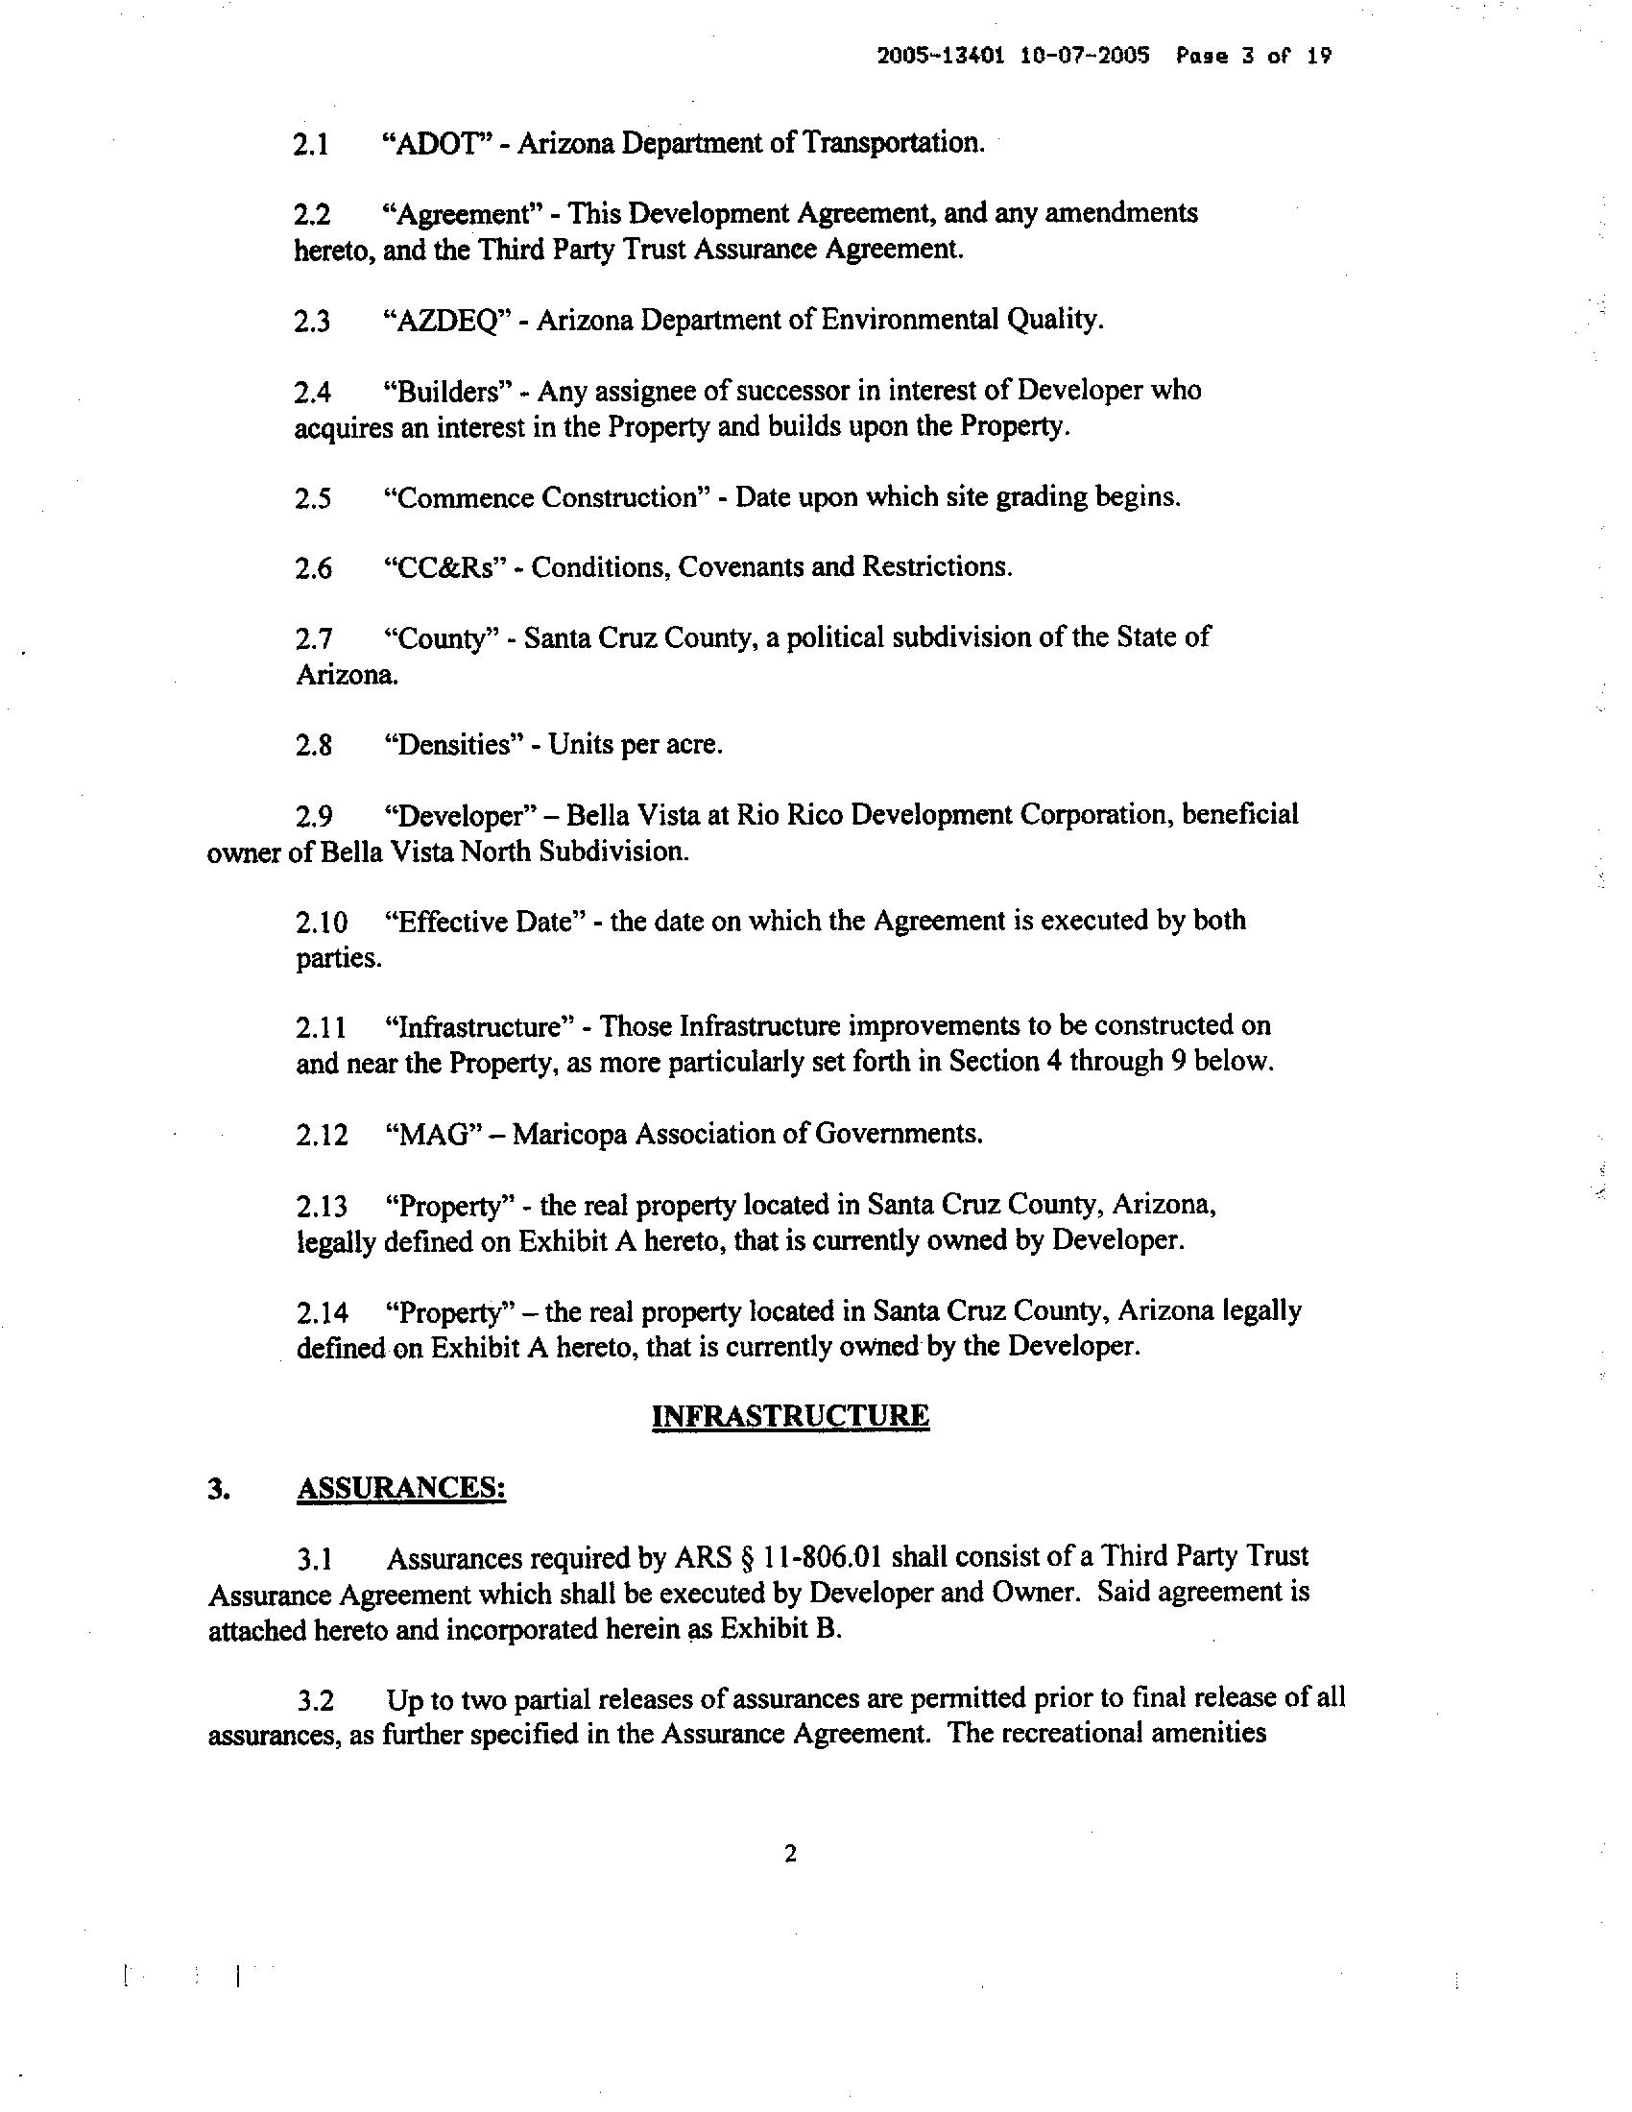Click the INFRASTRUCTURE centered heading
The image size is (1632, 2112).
(790, 1416)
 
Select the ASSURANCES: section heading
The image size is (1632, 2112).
(401, 1488)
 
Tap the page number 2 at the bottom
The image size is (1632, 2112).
(790, 1855)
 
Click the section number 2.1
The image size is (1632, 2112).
(311, 144)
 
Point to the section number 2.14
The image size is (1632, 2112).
(321, 1312)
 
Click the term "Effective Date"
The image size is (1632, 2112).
(487, 922)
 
